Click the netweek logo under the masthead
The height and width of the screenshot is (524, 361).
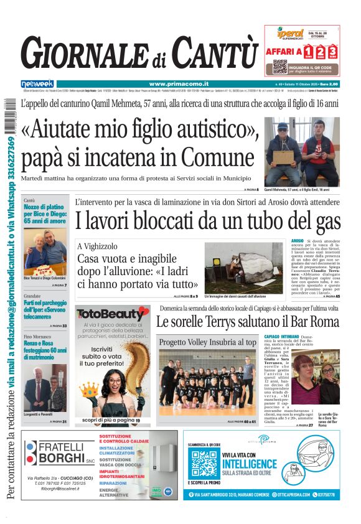(37, 83)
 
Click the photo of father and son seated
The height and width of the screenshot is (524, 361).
(302, 152)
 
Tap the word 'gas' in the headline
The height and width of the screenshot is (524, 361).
(321, 220)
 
